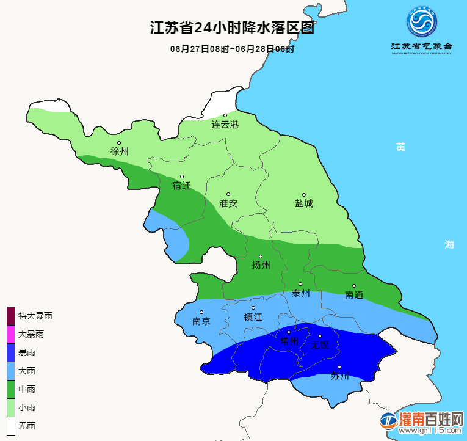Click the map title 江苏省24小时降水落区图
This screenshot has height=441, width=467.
point(233,28)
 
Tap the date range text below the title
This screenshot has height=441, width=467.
point(233,48)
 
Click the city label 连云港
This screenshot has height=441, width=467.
point(225,125)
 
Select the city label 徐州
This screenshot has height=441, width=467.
point(119,151)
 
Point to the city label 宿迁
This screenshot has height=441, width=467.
point(182,186)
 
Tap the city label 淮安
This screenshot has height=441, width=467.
point(228,203)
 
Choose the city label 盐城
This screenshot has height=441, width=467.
point(304,203)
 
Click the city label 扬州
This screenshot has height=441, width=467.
point(261,265)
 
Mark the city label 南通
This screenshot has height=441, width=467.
point(354,295)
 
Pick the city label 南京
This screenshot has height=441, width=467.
point(201,321)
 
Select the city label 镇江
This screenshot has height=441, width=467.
point(253,317)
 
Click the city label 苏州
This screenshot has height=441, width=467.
point(339,376)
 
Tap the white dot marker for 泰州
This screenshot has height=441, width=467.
point(300,284)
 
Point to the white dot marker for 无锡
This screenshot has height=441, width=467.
point(319,335)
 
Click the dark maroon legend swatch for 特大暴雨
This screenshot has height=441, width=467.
point(10,316)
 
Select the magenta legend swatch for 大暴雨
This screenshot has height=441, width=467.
point(10,334)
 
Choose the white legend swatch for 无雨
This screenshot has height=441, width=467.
point(10,425)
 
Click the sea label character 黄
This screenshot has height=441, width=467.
point(400,147)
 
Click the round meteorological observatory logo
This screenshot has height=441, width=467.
point(422,24)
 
